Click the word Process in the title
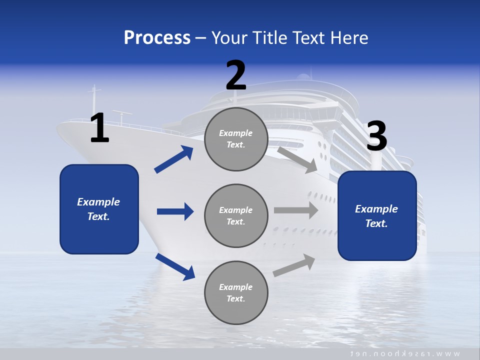pyautogui.click(x=157, y=37)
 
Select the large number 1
pyautogui.click(x=99, y=128)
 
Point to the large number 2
pyautogui.click(x=236, y=75)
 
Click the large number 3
pyautogui.click(x=376, y=136)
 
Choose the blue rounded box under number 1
pyautogui.click(x=99, y=209)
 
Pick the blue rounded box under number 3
pyautogui.click(x=377, y=216)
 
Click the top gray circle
pyautogui.click(x=236, y=139)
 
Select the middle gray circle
pyautogui.click(x=236, y=215)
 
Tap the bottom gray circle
pyautogui.click(x=236, y=292)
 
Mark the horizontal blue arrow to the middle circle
pyautogui.click(x=175, y=211)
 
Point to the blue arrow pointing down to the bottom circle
pyautogui.click(x=175, y=266)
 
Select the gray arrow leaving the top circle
pyautogui.click(x=297, y=159)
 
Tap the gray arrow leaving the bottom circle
pyautogui.click(x=294, y=265)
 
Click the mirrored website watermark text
pyautogui.click(x=405, y=353)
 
